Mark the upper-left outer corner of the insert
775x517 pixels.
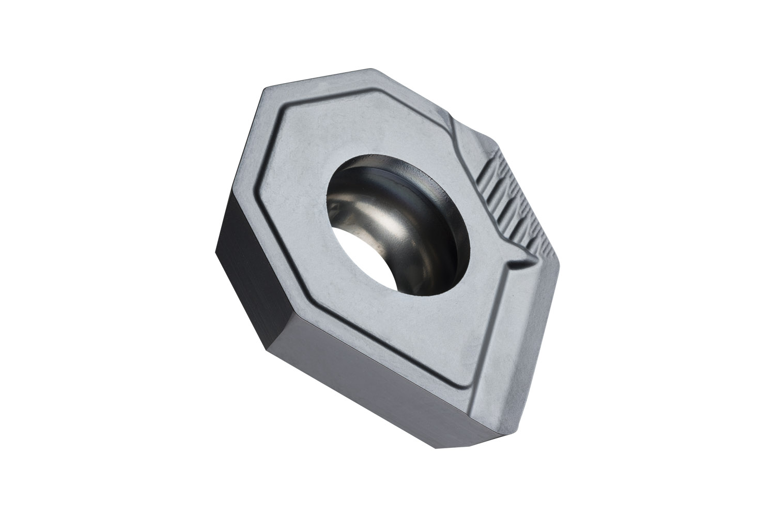point(265,89)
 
